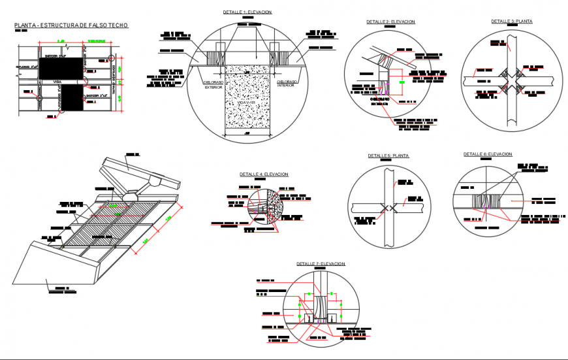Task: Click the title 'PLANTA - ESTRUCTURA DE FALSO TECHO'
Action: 71,25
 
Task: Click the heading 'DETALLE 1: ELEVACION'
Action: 247,12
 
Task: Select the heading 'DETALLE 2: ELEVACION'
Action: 390,22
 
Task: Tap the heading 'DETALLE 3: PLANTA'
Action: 512,21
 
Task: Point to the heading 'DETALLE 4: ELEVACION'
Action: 263,174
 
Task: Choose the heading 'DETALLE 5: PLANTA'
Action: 388,155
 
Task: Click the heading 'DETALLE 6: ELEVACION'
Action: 488,154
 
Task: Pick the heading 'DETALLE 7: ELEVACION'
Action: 320,263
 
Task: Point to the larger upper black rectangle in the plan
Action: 63,67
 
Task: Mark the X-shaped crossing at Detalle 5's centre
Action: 388,208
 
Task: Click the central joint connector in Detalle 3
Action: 511,79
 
